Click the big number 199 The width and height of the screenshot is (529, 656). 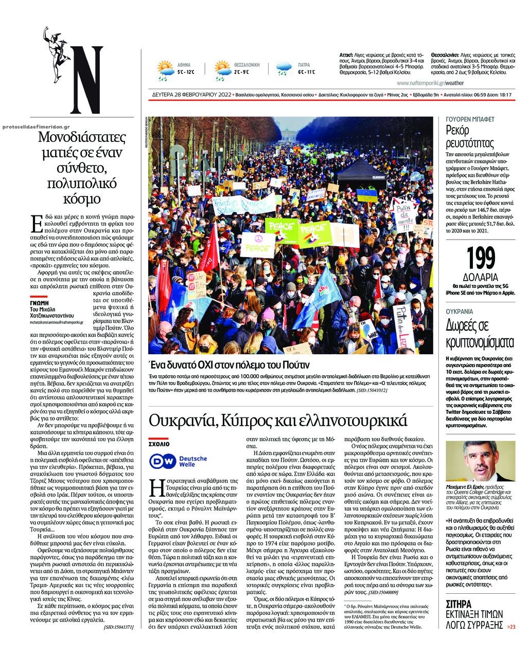pyautogui.click(x=481, y=259)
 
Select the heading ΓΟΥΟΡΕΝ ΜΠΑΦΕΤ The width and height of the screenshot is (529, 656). pyautogui.click(x=470, y=119)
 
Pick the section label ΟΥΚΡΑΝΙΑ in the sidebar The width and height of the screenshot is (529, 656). pyautogui.click(x=460, y=312)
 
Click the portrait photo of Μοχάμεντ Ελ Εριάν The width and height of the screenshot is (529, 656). pyautogui.click(x=481, y=461)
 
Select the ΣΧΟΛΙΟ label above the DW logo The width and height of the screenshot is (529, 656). pyautogui.click(x=159, y=443)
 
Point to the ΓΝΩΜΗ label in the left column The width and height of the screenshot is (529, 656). pyautogui.click(x=39, y=303)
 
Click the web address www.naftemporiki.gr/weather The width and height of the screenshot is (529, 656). pyautogui.click(x=430, y=83)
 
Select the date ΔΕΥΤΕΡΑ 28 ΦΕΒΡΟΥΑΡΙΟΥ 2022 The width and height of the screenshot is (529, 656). pyautogui.click(x=199, y=95)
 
